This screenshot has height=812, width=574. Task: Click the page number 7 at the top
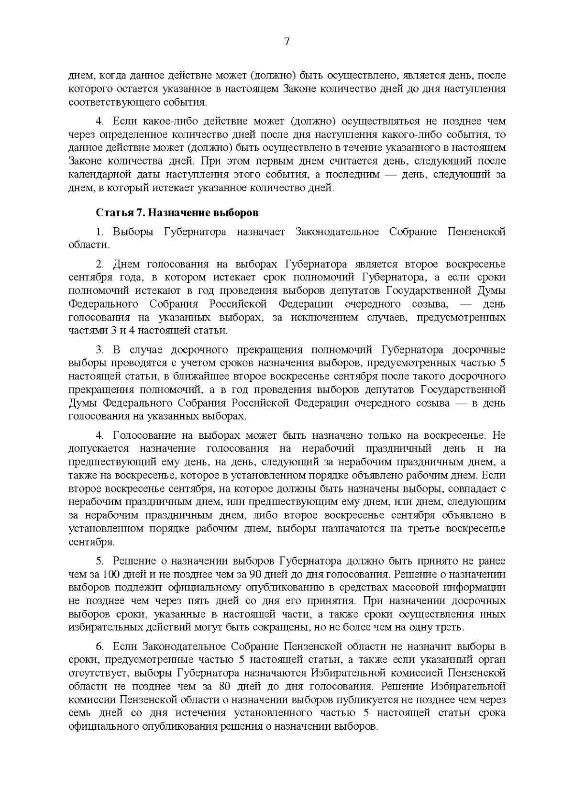pyautogui.click(x=287, y=42)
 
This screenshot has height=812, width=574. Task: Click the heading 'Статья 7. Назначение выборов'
pyautogui.click(x=177, y=212)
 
